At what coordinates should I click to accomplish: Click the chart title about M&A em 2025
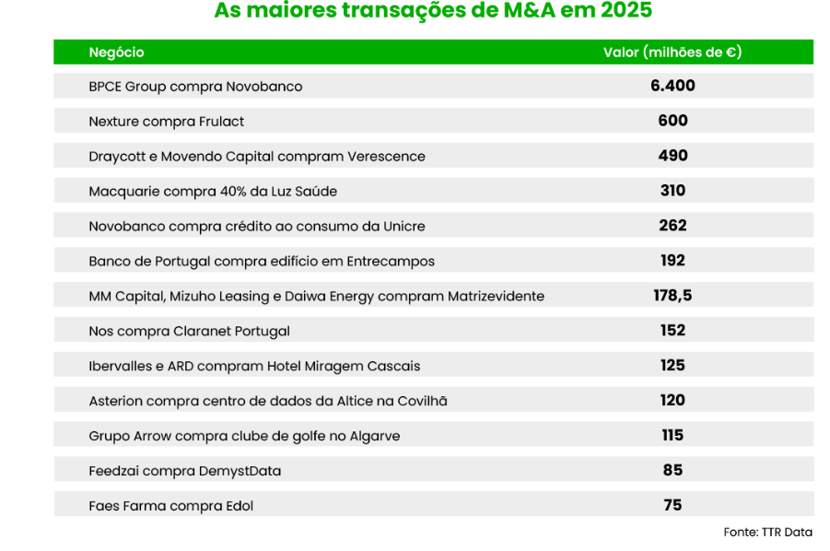point(433,12)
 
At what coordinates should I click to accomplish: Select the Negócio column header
point(117,53)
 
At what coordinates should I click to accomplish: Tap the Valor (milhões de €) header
point(672,53)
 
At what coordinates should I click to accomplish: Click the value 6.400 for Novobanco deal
point(672,86)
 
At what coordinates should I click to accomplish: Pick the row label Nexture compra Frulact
point(167,122)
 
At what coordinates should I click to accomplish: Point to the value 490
point(672,156)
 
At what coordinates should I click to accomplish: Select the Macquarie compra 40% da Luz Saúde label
point(213,192)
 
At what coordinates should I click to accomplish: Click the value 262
point(672,226)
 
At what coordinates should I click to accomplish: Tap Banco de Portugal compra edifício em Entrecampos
point(262,261)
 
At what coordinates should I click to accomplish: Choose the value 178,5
point(672,296)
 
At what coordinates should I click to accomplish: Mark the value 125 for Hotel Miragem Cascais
point(672,366)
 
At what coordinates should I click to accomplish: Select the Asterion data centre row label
point(268,401)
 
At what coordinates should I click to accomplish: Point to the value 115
point(672,435)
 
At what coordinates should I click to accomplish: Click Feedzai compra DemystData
point(185,471)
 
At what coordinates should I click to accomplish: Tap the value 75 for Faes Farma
point(672,505)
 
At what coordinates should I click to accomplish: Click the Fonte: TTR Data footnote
point(768,533)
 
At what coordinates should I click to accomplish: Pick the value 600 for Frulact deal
point(672,121)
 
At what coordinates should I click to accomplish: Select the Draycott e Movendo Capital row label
point(257,157)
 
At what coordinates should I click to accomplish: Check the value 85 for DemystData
point(672,470)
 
